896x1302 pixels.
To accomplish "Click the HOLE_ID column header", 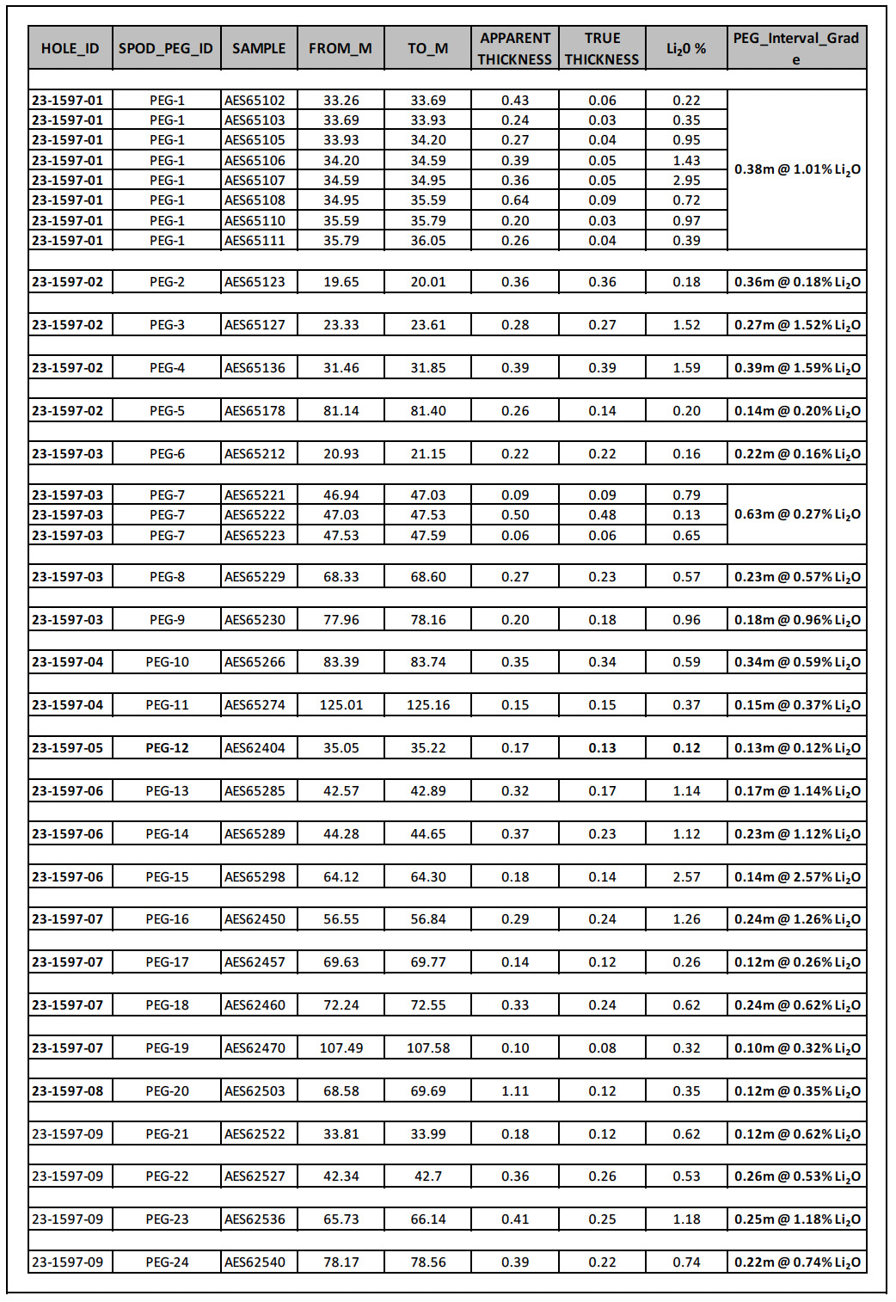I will tap(71, 48).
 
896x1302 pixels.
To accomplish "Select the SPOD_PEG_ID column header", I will tap(166, 48).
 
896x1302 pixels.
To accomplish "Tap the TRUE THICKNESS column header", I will tap(602, 48).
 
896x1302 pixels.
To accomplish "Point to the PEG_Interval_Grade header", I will tap(796, 48).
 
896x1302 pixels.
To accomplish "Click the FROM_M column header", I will tap(341, 48).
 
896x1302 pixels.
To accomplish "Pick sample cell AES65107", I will tap(255, 181).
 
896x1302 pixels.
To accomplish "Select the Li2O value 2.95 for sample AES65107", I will tap(686, 181).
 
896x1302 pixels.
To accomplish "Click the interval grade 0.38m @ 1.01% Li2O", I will tap(797, 169).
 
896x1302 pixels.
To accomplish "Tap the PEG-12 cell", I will tap(167, 748).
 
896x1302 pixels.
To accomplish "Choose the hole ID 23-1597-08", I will tap(68, 1091).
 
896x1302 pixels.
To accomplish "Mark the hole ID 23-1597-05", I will tap(68, 748).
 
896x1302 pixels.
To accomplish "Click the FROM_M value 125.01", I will tap(341, 705).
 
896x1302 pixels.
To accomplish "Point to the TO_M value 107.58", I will tap(428, 1048).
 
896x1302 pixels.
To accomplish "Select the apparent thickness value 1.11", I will tap(515, 1091).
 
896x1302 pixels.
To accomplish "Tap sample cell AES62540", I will tap(255, 1262).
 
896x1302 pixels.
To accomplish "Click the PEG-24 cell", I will tap(167, 1262).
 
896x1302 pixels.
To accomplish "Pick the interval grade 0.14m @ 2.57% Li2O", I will tap(797, 877).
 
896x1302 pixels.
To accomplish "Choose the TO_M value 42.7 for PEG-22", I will tap(428, 1176).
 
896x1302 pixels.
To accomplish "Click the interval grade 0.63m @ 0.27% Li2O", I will tap(797, 514).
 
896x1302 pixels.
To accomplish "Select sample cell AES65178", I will tap(255, 411).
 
